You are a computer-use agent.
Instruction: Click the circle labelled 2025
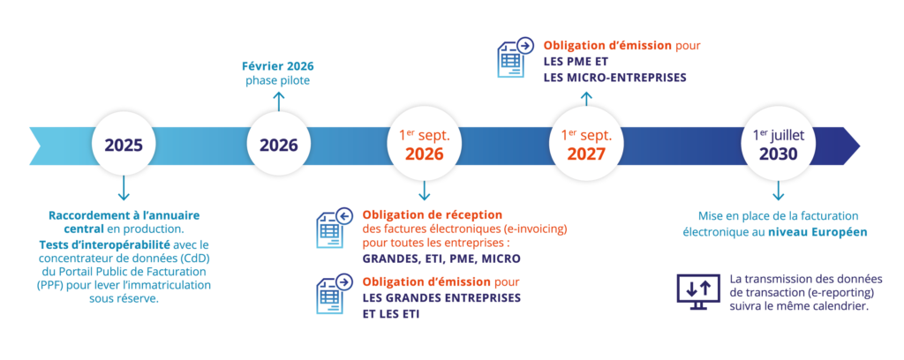pyautogui.click(x=124, y=145)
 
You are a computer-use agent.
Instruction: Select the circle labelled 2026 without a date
pyautogui.click(x=278, y=145)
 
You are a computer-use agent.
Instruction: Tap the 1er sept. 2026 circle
pyautogui.click(x=424, y=145)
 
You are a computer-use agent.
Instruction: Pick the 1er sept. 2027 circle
pyautogui.click(x=586, y=145)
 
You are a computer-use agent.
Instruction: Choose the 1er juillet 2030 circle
pyautogui.click(x=778, y=145)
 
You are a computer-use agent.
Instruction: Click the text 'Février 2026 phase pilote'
pyautogui.click(x=278, y=73)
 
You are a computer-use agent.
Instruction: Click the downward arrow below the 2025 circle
pyautogui.click(x=124, y=189)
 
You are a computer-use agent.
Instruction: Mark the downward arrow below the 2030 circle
pyautogui.click(x=778, y=191)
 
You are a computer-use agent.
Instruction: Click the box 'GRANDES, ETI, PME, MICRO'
pyautogui.click(x=441, y=258)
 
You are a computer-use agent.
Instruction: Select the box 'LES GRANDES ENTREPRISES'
pyautogui.click(x=442, y=297)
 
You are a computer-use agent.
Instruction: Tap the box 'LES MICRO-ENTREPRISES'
pyautogui.click(x=615, y=78)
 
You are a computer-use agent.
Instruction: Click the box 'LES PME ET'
pyautogui.click(x=576, y=61)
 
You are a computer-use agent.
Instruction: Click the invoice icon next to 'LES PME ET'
pyautogui.click(x=515, y=57)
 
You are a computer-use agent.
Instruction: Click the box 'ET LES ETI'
pyautogui.click(x=392, y=313)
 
